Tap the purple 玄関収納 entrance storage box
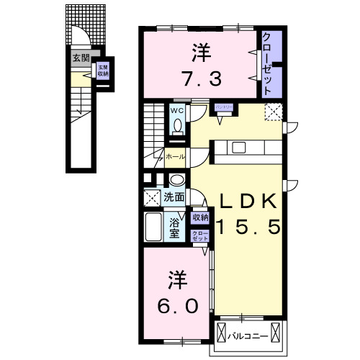(x=103, y=71)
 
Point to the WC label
(x=177, y=110)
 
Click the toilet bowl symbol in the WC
(x=177, y=125)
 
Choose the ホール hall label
(x=174, y=156)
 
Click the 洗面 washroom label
(x=174, y=197)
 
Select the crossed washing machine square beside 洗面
(x=152, y=197)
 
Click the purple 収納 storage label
(x=199, y=217)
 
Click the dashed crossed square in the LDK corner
(x=274, y=112)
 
